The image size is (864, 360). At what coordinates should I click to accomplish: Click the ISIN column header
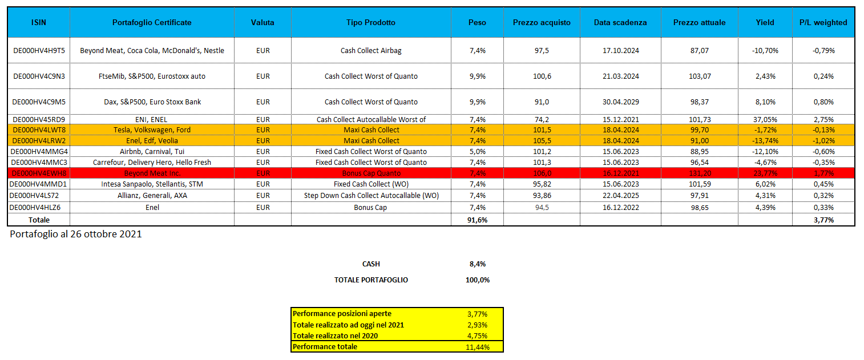[x=39, y=23]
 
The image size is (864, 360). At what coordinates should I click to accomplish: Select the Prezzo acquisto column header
[x=542, y=23]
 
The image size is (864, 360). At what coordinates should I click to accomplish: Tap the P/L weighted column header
[x=823, y=23]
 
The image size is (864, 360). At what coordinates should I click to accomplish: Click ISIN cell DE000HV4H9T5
[x=39, y=51]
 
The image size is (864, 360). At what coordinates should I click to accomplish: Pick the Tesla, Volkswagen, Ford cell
[x=152, y=130]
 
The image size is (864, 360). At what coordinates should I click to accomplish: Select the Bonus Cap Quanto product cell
[x=370, y=173]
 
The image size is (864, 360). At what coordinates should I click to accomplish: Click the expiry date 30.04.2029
[x=620, y=102]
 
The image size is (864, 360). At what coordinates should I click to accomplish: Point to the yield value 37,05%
[x=765, y=120]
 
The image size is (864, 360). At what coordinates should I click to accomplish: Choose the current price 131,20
[x=699, y=173]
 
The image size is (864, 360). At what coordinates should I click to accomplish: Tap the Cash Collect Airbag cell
[x=370, y=51]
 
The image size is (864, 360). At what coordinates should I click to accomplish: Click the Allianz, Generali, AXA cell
[x=152, y=196]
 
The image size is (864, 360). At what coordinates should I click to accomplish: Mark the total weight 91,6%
[x=477, y=220]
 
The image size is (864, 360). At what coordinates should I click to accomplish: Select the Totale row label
[x=39, y=220]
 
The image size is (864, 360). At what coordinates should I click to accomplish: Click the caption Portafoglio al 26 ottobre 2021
[x=76, y=234]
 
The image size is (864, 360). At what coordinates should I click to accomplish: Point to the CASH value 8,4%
[x=477, y=264]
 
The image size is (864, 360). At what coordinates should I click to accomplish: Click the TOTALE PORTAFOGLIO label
[x=371, y=280]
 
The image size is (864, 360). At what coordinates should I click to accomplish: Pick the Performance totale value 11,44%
[x=477, y=347]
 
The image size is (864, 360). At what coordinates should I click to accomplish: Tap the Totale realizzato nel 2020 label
[x=335, y=336]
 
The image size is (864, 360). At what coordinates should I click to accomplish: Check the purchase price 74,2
[x=542, y=120]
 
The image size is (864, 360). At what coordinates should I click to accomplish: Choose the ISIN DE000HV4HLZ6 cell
[x=39, y=208]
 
